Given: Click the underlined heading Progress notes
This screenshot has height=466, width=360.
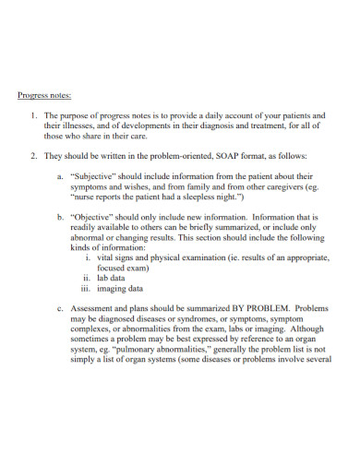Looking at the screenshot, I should [45, 93].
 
